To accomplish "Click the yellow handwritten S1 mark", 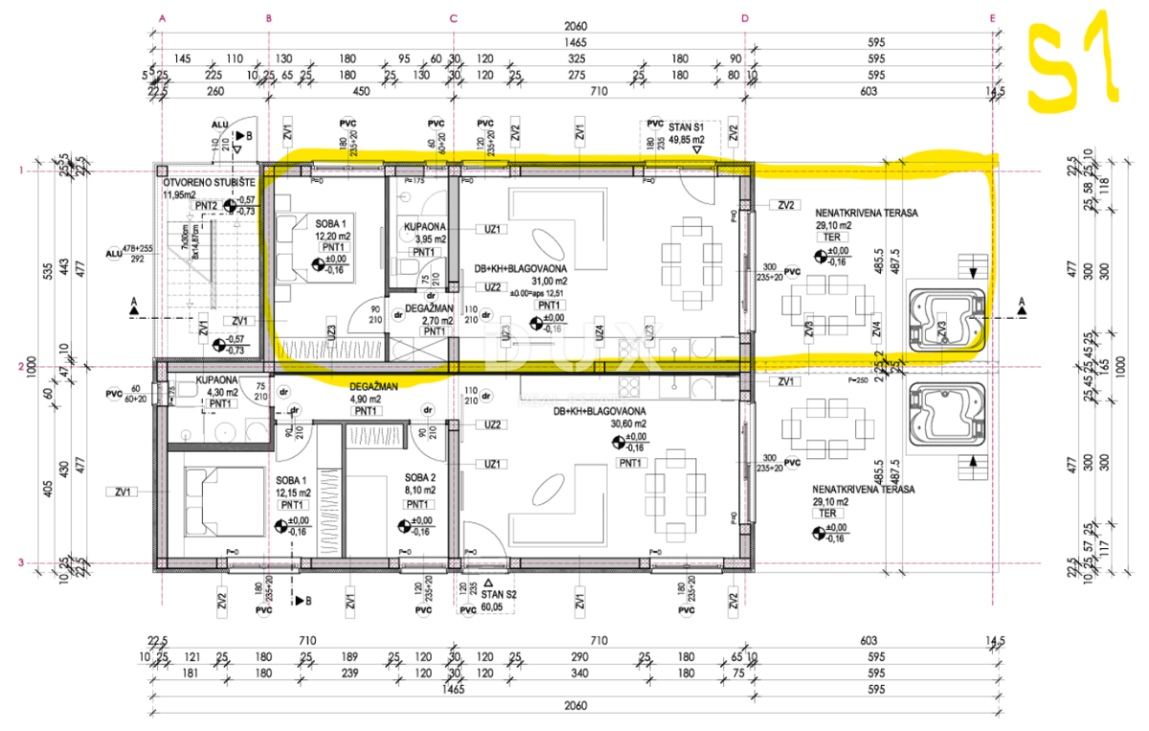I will [1070, 63].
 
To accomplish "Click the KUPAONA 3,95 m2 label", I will [418, 235].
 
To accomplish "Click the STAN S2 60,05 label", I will [493, 600].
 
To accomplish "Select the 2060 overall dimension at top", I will [574, 26].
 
